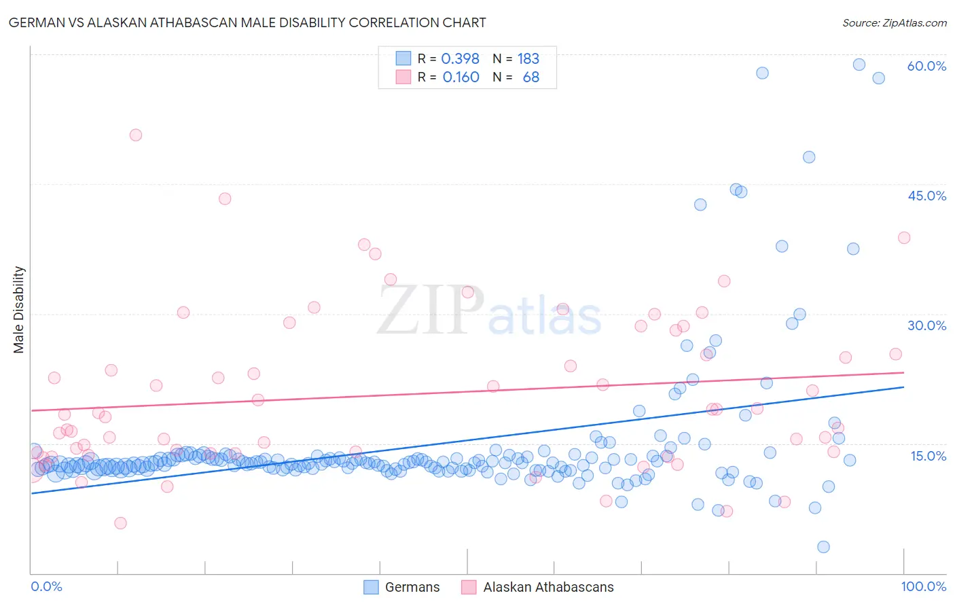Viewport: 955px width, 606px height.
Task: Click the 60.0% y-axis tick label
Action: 926,66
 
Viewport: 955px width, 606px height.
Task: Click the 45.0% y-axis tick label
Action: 926,196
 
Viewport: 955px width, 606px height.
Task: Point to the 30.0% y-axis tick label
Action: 926,325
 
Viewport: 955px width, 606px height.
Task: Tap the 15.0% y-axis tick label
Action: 928,455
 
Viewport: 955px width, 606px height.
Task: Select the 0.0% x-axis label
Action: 46,586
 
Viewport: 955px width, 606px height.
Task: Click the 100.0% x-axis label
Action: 923,586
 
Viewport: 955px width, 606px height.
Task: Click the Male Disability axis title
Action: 19,310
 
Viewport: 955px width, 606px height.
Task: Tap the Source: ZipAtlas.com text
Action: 894,23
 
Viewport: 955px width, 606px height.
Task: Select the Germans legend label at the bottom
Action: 412,587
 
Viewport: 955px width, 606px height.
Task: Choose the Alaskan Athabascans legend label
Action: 548,587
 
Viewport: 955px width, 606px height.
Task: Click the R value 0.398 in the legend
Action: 461,59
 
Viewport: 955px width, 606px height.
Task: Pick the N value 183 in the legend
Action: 528,59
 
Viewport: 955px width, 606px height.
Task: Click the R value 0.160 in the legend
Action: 461,77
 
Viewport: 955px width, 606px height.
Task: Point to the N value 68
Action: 531,77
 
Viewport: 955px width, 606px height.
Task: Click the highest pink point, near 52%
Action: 136,135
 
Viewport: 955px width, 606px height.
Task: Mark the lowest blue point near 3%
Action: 823,547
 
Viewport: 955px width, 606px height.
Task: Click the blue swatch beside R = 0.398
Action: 403,58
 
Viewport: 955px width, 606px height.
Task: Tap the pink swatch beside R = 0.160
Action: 403,77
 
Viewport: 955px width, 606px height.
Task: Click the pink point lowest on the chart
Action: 120,523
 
